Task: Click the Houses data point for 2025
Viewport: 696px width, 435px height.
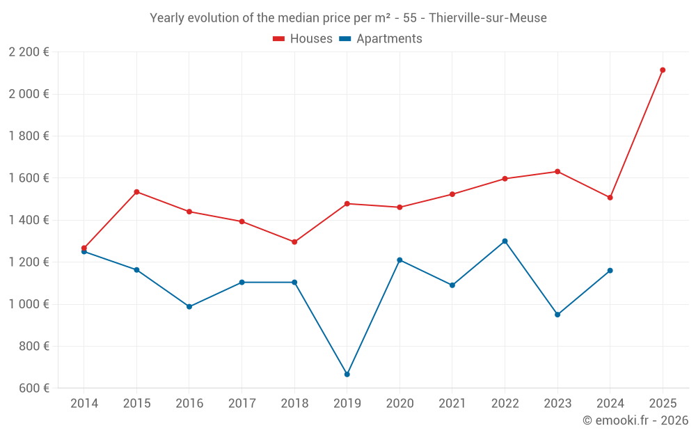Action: click(663, 70)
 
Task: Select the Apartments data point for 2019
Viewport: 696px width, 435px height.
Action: click(347, 374)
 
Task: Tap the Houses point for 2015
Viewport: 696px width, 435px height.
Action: click(136, 191)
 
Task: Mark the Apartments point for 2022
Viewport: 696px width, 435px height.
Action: click(505, 241)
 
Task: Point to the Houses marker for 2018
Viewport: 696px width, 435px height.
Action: click(294, 242)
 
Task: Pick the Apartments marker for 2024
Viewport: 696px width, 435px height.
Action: click(610, 270)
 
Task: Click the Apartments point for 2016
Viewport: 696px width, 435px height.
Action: click(189, 306)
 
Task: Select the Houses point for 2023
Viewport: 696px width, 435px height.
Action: click(557, 171)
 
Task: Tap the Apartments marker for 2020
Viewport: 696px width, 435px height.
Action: click(400, 260)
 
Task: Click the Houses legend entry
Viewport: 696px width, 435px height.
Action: click(303, 39)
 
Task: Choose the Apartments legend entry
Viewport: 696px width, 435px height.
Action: click(381, 39)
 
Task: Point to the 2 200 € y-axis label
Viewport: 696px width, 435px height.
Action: click(29, 52)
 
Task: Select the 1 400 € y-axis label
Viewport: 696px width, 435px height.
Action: click(29, 220)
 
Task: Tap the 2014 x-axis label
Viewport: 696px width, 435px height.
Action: click(84, 404)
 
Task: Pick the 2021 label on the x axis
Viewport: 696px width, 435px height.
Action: click(452, 404)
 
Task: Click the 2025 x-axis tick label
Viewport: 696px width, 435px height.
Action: click(663, 404)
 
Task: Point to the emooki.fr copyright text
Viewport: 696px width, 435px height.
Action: click(635, 420)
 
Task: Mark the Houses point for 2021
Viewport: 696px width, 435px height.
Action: click(452, 194)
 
